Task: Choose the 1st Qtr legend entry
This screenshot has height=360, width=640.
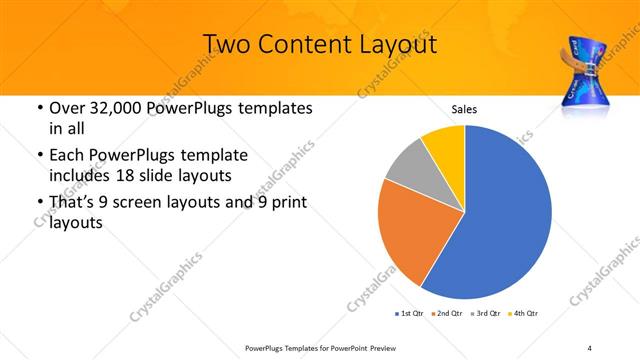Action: pyautogui.click(x=411, y=314)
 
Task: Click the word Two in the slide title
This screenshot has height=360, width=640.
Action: pyautogui.click(x=225, y=45)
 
